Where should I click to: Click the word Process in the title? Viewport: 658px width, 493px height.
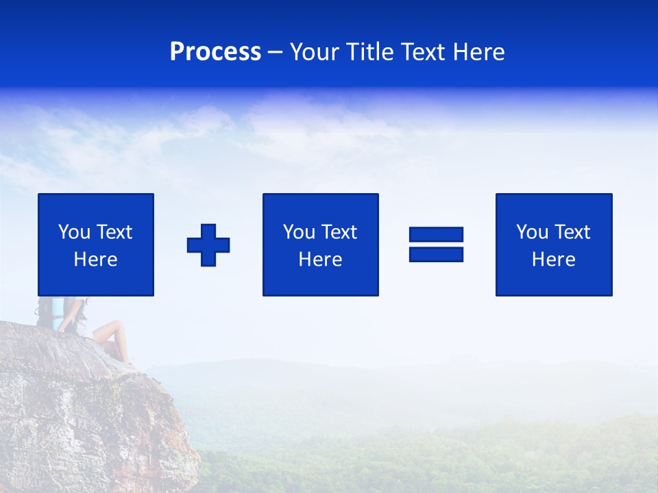tap(215, 52)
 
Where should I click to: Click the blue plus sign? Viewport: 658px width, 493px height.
tap(208, 245)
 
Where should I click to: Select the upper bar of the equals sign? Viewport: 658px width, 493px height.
tap(436, 234)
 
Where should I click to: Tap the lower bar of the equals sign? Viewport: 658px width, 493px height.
tap(436, 254)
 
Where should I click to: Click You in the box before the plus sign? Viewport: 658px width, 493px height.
tap(74, 232)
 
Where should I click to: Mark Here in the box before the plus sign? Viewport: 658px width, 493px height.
tap(95, 260)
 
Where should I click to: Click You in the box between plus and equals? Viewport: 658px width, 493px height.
tap(299, 232)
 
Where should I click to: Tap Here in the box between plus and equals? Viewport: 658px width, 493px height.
tap(320, 260)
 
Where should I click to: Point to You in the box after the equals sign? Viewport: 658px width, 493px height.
tap(532, 232)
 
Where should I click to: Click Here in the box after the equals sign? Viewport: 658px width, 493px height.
tap(553, 260)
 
